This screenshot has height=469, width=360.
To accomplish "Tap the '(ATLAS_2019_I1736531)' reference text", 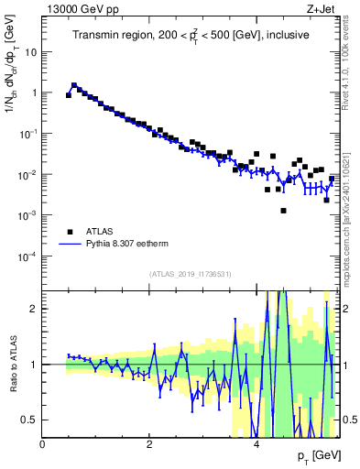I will coord(191,273).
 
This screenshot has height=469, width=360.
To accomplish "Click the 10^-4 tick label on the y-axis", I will coord(27,256).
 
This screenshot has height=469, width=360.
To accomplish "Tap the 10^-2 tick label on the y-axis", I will coord(27,174).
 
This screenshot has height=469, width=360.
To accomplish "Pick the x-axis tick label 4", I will coord(256,444).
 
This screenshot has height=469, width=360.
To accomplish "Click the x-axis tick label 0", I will coord(43,444).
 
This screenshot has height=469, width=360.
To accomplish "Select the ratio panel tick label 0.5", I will coord(30,420).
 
